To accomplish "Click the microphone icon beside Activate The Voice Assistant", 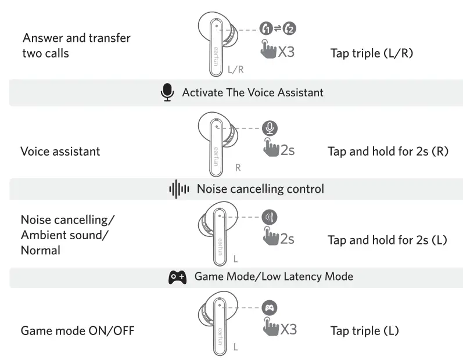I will point(167,92).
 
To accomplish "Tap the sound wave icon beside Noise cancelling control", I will point(179,189).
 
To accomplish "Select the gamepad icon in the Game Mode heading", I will point(177,277).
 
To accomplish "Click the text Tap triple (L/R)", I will point(372,53).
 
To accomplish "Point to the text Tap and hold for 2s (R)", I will point(388,151).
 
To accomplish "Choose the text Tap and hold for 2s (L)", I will point(387,240).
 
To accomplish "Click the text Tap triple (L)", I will point(364,330).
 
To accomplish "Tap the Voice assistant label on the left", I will point(60,151).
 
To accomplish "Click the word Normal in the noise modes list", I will point(41,250).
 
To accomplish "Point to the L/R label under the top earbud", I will point(236,70).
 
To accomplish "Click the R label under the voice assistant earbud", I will point(238,168).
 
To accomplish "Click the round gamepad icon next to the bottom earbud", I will point(270,308).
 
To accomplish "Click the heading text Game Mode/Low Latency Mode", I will point(274,276).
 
